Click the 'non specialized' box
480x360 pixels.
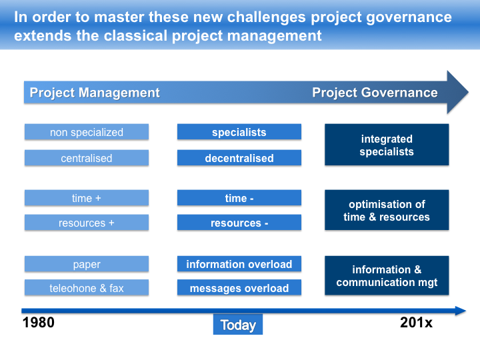[87, 132]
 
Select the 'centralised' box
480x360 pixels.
[87, 158]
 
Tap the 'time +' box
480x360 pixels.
[87, 198]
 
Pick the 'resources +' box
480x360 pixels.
[87, 223]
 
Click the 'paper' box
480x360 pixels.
[87, 264]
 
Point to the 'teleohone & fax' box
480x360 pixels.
[87, 288]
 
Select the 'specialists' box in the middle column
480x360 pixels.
[239, 132]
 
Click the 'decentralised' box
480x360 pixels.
[239, 158]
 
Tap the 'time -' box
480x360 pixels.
[239, 198]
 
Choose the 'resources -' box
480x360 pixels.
[239, 223]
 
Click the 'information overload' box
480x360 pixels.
[239, 264]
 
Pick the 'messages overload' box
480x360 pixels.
[239, 288]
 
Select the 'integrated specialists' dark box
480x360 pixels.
[387, 145]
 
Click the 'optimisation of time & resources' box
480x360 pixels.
[387, 211]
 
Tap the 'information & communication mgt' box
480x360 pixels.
[387, 276]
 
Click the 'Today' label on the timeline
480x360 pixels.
[238, 325]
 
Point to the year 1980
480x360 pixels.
[39, 323]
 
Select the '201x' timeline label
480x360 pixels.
[416, 323]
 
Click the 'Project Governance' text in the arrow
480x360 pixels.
[375, 93]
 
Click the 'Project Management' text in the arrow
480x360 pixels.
[95, 93]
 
